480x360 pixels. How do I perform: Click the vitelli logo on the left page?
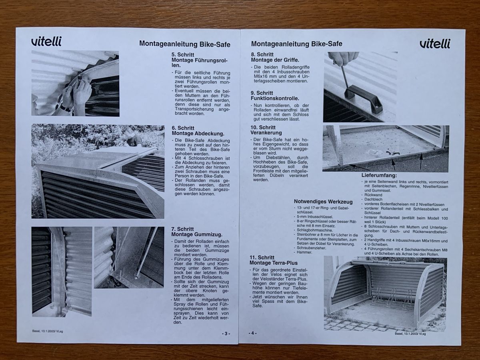(46, 41)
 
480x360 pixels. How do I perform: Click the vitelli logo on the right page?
(435, 44)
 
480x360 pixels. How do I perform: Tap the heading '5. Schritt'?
(183, 54)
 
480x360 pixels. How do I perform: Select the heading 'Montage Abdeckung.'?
(198, 133)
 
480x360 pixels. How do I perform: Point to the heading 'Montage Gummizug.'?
(197, 234)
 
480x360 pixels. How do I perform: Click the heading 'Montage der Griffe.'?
(275, 60)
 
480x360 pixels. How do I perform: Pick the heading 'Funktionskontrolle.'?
(275, 98)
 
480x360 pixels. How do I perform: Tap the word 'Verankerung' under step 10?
(266, 133)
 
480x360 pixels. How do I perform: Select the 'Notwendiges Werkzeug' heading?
(323, 202)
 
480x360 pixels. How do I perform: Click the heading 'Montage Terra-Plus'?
(274, 263)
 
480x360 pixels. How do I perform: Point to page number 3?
(226, 334)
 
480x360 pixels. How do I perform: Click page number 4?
(252, 333)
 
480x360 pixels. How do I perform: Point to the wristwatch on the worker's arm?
(64, 107)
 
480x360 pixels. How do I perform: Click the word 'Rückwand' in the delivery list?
(370, 195)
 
